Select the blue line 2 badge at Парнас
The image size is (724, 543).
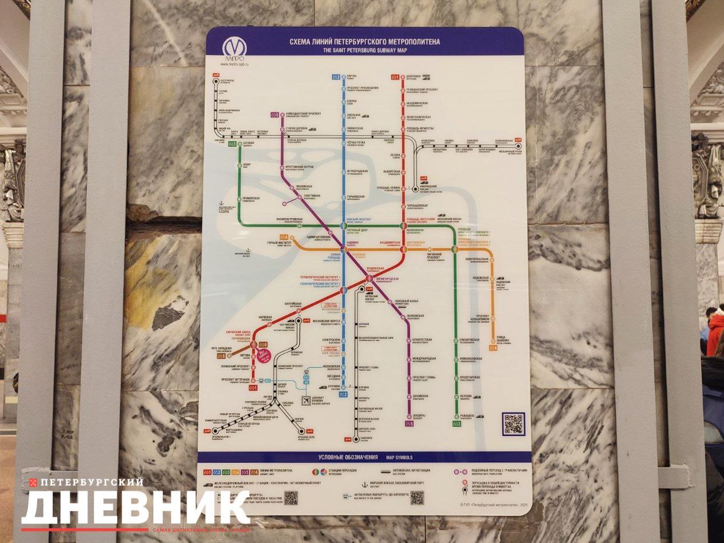pos(336,76)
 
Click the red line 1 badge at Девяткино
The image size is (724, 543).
pos(394,76)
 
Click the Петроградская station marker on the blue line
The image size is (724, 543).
pos(344,171)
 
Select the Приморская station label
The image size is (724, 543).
pos(251,199)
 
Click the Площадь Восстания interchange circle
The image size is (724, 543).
pos(403,225)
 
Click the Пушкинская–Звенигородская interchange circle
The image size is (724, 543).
pos(369,278)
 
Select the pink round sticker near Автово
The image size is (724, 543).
pos(264,356)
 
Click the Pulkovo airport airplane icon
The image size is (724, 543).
pos(305,401)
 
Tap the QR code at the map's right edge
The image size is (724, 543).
pos(513,423)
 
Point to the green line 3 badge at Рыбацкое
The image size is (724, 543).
pos(456,424)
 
